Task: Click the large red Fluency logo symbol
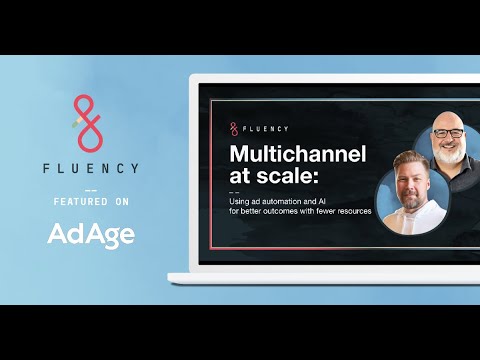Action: point(89,119)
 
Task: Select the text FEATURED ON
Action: point(90,201)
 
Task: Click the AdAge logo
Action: point(90,235)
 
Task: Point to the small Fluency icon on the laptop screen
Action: point(234,128)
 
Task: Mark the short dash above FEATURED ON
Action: point(90,188)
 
